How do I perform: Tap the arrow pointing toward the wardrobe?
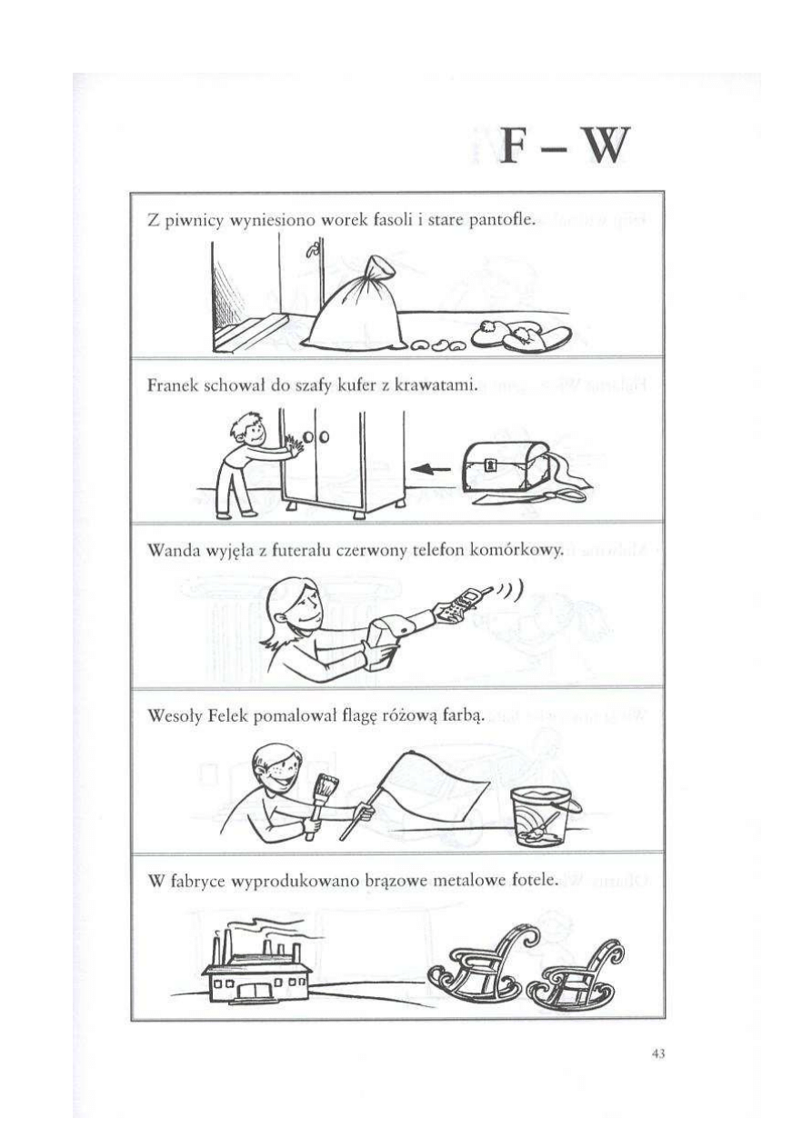(431, 468)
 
